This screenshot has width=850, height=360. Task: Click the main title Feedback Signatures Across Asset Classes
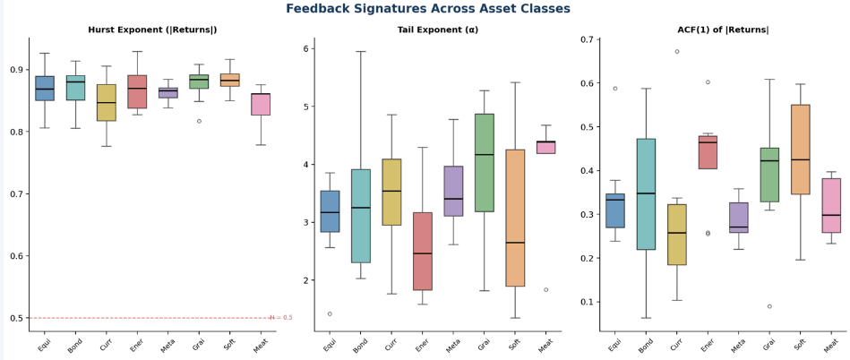coord(428,9)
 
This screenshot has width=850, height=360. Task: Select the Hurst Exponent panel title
coord(152,30)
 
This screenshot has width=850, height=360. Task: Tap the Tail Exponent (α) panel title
coord(437,30)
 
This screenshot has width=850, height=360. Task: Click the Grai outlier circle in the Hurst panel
coord(199,122)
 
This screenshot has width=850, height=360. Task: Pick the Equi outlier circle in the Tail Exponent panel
coord(330,314)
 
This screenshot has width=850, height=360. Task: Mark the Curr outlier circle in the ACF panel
coord(676,52)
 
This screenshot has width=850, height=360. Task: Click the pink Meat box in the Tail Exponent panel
coord(545,148)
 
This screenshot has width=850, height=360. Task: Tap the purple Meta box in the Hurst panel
coord(168,93)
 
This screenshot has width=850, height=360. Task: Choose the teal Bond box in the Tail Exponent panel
coord(360,216)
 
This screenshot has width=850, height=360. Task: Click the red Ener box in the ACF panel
coord(708,152)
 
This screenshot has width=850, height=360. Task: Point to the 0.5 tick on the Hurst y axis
coord(17,318)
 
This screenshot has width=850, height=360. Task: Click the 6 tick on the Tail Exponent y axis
coord(305,48)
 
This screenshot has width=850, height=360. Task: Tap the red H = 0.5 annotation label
coord(281,318)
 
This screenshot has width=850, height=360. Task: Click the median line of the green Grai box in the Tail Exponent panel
coord(484,155)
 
